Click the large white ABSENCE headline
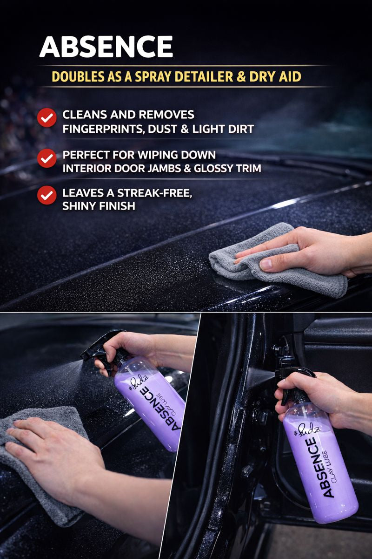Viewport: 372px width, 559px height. [106, 47]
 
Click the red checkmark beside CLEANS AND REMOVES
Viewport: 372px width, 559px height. [47, 117]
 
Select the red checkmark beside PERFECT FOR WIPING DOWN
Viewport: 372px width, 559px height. [47, 158]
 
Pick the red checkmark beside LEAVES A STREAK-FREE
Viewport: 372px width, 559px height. [47, 195]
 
